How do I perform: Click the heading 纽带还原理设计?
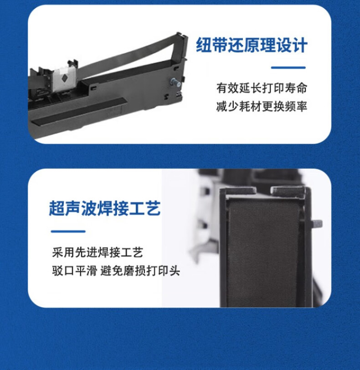(252, 45)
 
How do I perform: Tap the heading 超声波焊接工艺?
(105, 208)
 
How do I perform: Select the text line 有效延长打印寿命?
(262, 88)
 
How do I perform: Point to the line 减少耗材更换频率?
(262, 106)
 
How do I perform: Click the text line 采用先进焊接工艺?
(98, 252)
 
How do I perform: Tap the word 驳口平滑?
(74, 271)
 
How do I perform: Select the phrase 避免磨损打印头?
(140, 271)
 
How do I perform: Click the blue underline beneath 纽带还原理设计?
(288, 68)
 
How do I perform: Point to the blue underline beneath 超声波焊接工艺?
(68, 231)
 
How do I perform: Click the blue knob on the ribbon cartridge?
(175, 82)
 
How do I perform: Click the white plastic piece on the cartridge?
(64, 79)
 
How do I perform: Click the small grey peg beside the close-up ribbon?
(317, 224)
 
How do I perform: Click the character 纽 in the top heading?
(204, 45)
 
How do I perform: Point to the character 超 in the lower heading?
(57, 208)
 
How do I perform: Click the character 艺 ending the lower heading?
(153, 208)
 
